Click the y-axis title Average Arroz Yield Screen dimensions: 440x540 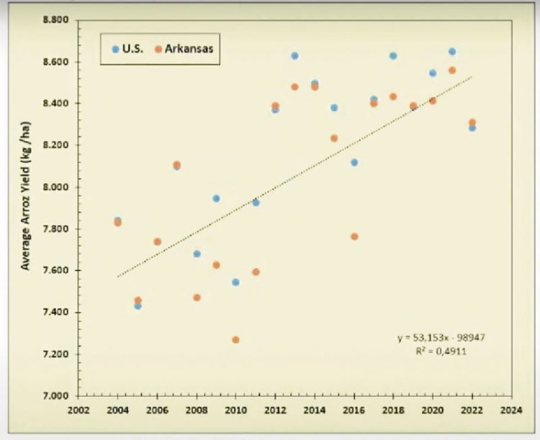point(25,207)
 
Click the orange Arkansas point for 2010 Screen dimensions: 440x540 point(235,340)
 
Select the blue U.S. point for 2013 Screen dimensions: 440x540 point(294,55)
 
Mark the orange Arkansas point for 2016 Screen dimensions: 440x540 point(354,236)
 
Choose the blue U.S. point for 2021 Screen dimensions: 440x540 point(452,51)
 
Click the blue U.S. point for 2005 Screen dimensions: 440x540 point(138,306)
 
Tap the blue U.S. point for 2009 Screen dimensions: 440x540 point(216,198)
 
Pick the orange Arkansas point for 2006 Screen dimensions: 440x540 point(157,242)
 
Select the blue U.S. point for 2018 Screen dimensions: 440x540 point(393,55)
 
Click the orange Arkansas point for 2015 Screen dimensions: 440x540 point(334,138)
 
